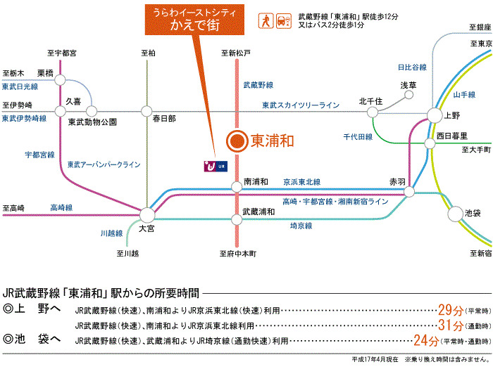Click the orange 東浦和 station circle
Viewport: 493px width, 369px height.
237,141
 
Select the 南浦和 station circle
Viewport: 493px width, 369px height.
237,187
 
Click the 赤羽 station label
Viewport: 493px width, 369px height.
397,181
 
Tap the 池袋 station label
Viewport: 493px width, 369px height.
473,212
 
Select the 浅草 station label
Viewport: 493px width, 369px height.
408,85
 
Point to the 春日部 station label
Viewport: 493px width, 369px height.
163,119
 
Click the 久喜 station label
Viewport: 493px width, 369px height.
73,101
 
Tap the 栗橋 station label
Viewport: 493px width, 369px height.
45,72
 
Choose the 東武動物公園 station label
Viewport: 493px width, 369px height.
92,122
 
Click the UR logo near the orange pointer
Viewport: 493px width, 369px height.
213,166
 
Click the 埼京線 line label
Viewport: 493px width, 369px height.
302,226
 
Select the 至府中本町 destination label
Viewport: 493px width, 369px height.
237,252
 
